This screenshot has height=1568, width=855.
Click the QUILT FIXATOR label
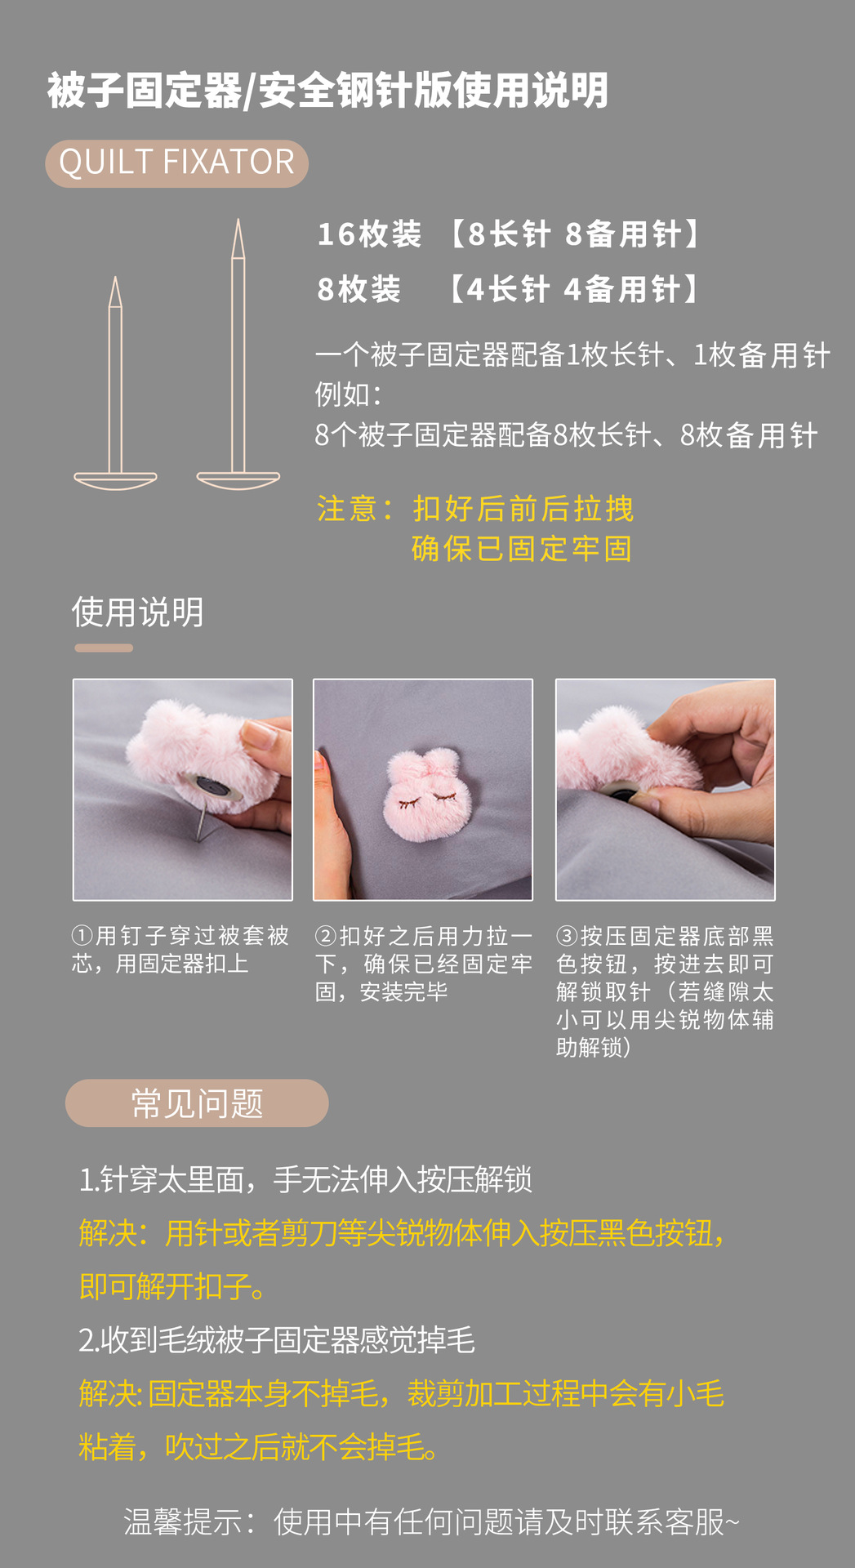click(x=176, y=163)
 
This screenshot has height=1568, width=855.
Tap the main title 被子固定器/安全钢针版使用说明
click(x=327, y=90)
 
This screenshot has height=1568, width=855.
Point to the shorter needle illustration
click(x=115, y=384)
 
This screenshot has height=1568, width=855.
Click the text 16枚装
click(x=369, y=234)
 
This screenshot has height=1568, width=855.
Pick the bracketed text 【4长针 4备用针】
click(x=573, y=289)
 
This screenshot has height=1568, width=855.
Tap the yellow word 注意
click(x=346, y=509)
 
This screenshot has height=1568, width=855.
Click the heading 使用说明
click(x=137, y=612)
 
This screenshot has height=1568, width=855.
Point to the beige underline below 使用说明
click(x=104, y=648)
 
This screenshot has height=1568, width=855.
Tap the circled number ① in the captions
click(x=82, y=936)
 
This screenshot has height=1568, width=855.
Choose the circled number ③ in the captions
click(x=568, y=936)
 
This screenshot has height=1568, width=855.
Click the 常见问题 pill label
click(x=197, y=1103)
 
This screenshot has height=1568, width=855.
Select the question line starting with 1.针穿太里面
click(x=305, y=1179)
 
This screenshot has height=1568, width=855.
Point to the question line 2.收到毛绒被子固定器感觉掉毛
click(x=277, y=1340)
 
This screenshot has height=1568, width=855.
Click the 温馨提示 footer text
click(x=430, y=1521)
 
